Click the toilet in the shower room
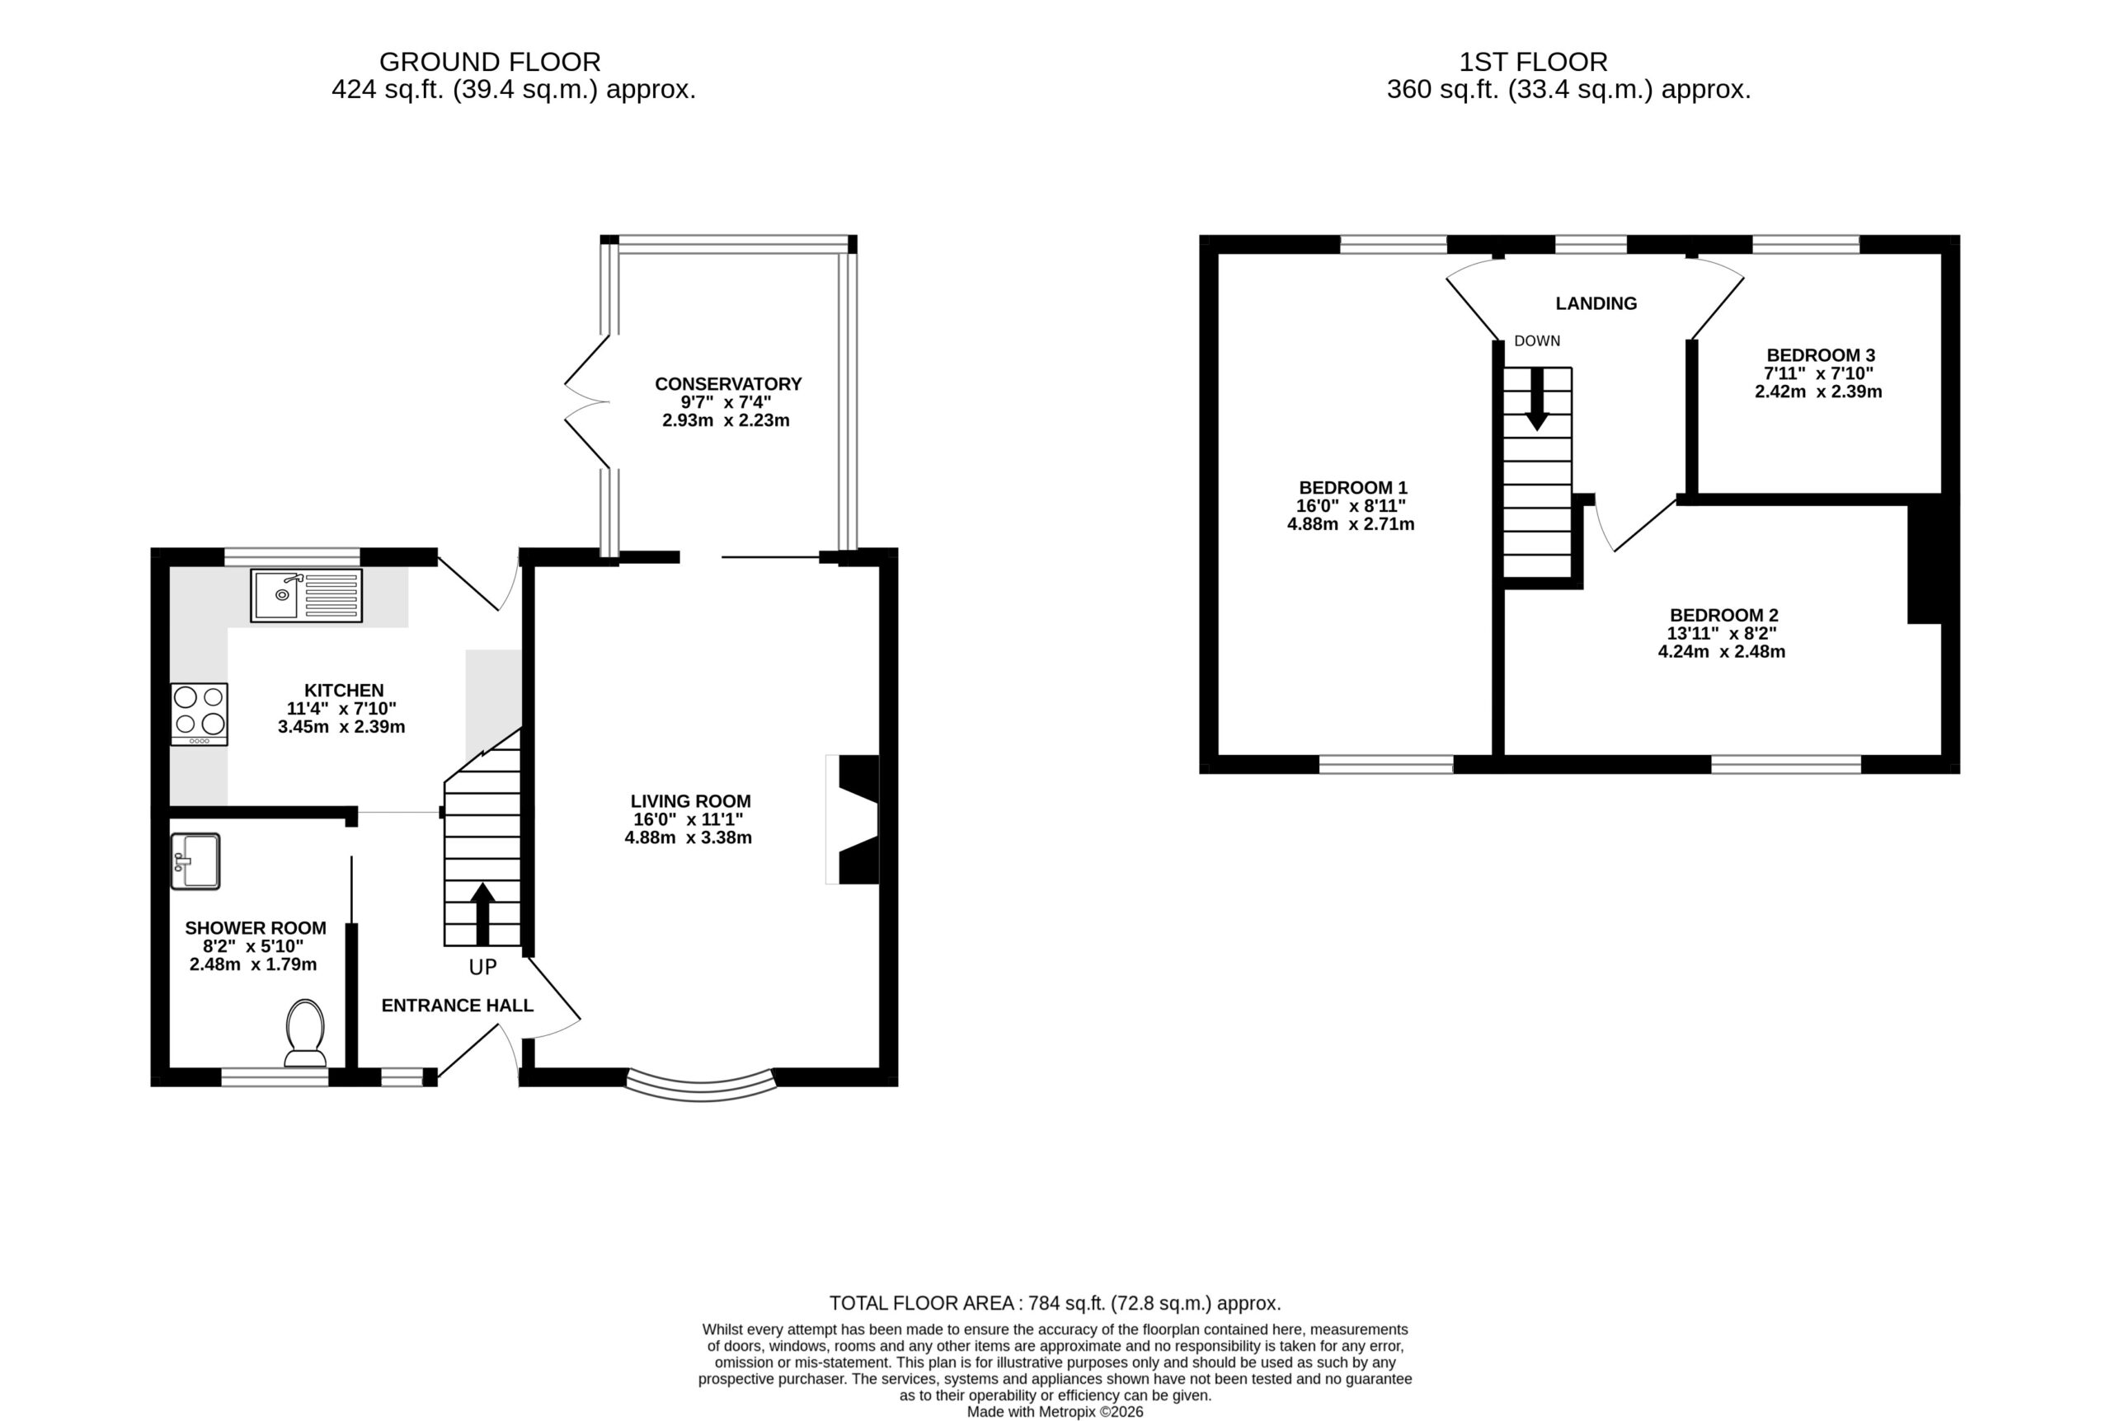click(305, 1033)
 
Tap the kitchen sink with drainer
click(307, 595)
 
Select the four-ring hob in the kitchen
click(200, 714)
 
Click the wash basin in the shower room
click(195, 861)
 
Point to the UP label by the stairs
click(483, 968)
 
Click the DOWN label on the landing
click(1537, 340)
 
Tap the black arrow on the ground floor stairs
click(483, 913)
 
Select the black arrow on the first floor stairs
click(1537, 399)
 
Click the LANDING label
click(1596, 303)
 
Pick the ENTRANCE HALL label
click(457, 1005)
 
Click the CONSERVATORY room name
click(728, 384)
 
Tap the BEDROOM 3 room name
click(1820, 355)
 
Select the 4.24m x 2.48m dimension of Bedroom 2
click(1721, 652)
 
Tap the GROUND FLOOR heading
click(490, 62)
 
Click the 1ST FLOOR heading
click(1533, 62)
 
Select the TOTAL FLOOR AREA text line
click(1055, 1303)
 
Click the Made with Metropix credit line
click(1055, 1412)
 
